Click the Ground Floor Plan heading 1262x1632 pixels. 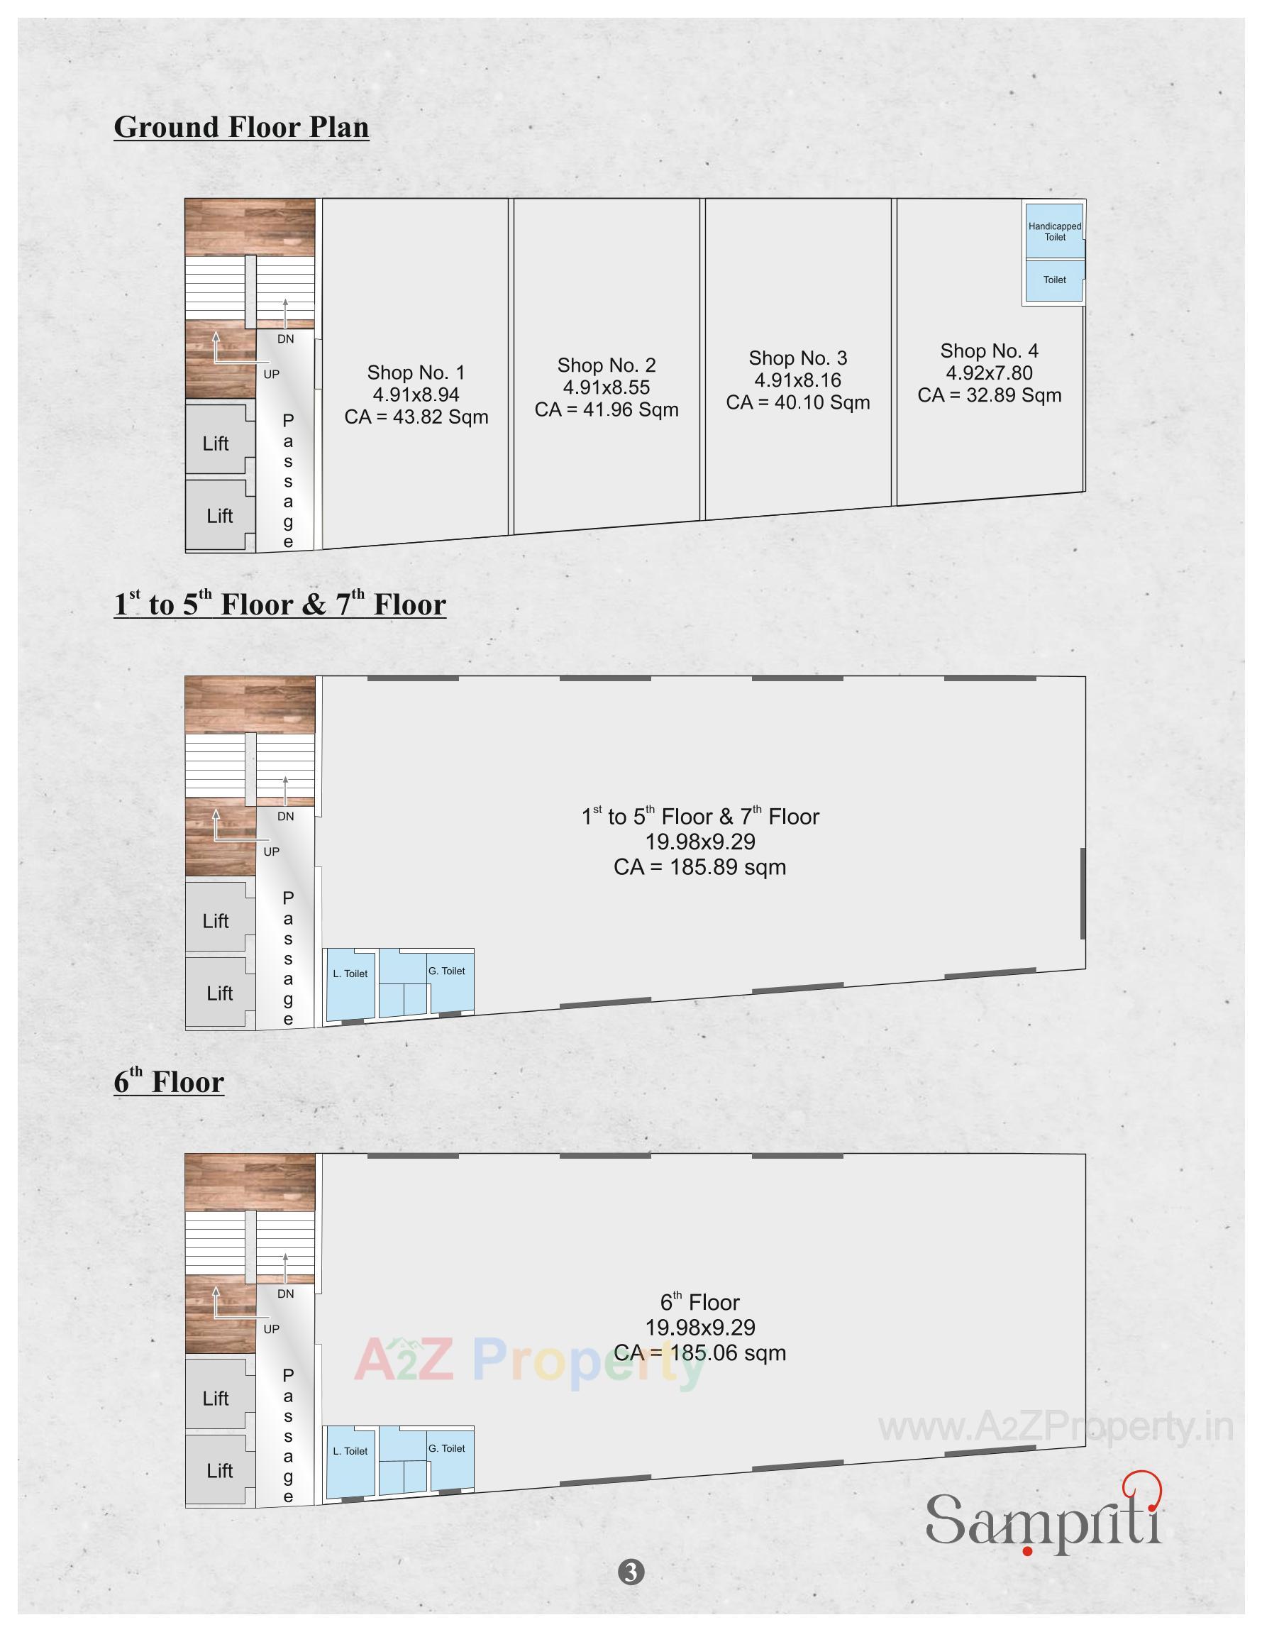241,127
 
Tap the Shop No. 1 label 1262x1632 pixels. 416,372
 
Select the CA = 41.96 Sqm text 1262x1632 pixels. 606,409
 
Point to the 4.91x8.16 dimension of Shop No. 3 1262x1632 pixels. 797,380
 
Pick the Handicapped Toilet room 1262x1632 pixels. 1054,231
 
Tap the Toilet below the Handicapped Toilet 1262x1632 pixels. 1054,280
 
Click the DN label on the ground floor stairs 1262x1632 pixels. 285,339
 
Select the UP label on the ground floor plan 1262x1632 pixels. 271,375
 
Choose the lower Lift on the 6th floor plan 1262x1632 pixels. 220,1472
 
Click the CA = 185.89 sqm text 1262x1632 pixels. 699,868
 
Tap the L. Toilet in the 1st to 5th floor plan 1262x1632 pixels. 350,974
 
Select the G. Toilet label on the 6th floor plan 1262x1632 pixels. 447,1449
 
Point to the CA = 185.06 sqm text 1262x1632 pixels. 699,1353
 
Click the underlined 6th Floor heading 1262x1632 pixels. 169,1083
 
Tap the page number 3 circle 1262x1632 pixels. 631,1572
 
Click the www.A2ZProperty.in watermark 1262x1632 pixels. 1055,1428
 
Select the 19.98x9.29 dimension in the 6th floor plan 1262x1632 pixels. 699,1328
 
